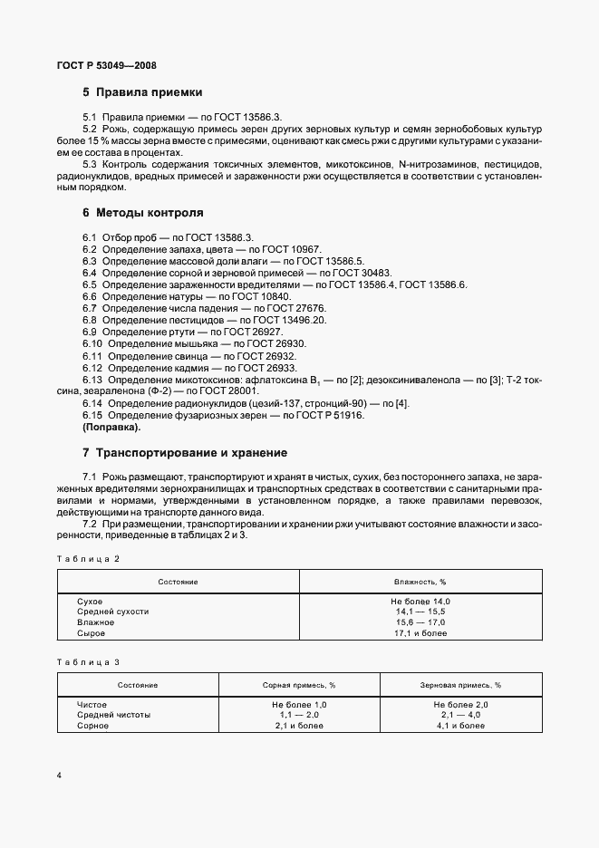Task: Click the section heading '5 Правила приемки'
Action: [x=142, y=92]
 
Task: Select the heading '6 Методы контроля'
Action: [x=142, y=214]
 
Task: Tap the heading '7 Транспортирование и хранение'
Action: [x=185, y=452]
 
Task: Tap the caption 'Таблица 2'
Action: [x=88, y=559]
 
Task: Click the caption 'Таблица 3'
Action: [x=88, y=662]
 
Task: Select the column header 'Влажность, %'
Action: [x=420, y=582]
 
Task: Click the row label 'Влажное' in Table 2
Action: [x=96, y=622]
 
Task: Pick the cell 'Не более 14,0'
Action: [x=420, y=602]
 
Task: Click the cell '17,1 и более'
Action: [x=420, y=633]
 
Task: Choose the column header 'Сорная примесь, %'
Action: [x=299, y=685]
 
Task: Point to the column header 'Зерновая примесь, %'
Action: [x=461, y=685]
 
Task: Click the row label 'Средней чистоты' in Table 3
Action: [x=114, y=715]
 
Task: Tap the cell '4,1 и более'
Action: [x=461, y=726]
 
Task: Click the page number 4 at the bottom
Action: [x=59, y=776]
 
